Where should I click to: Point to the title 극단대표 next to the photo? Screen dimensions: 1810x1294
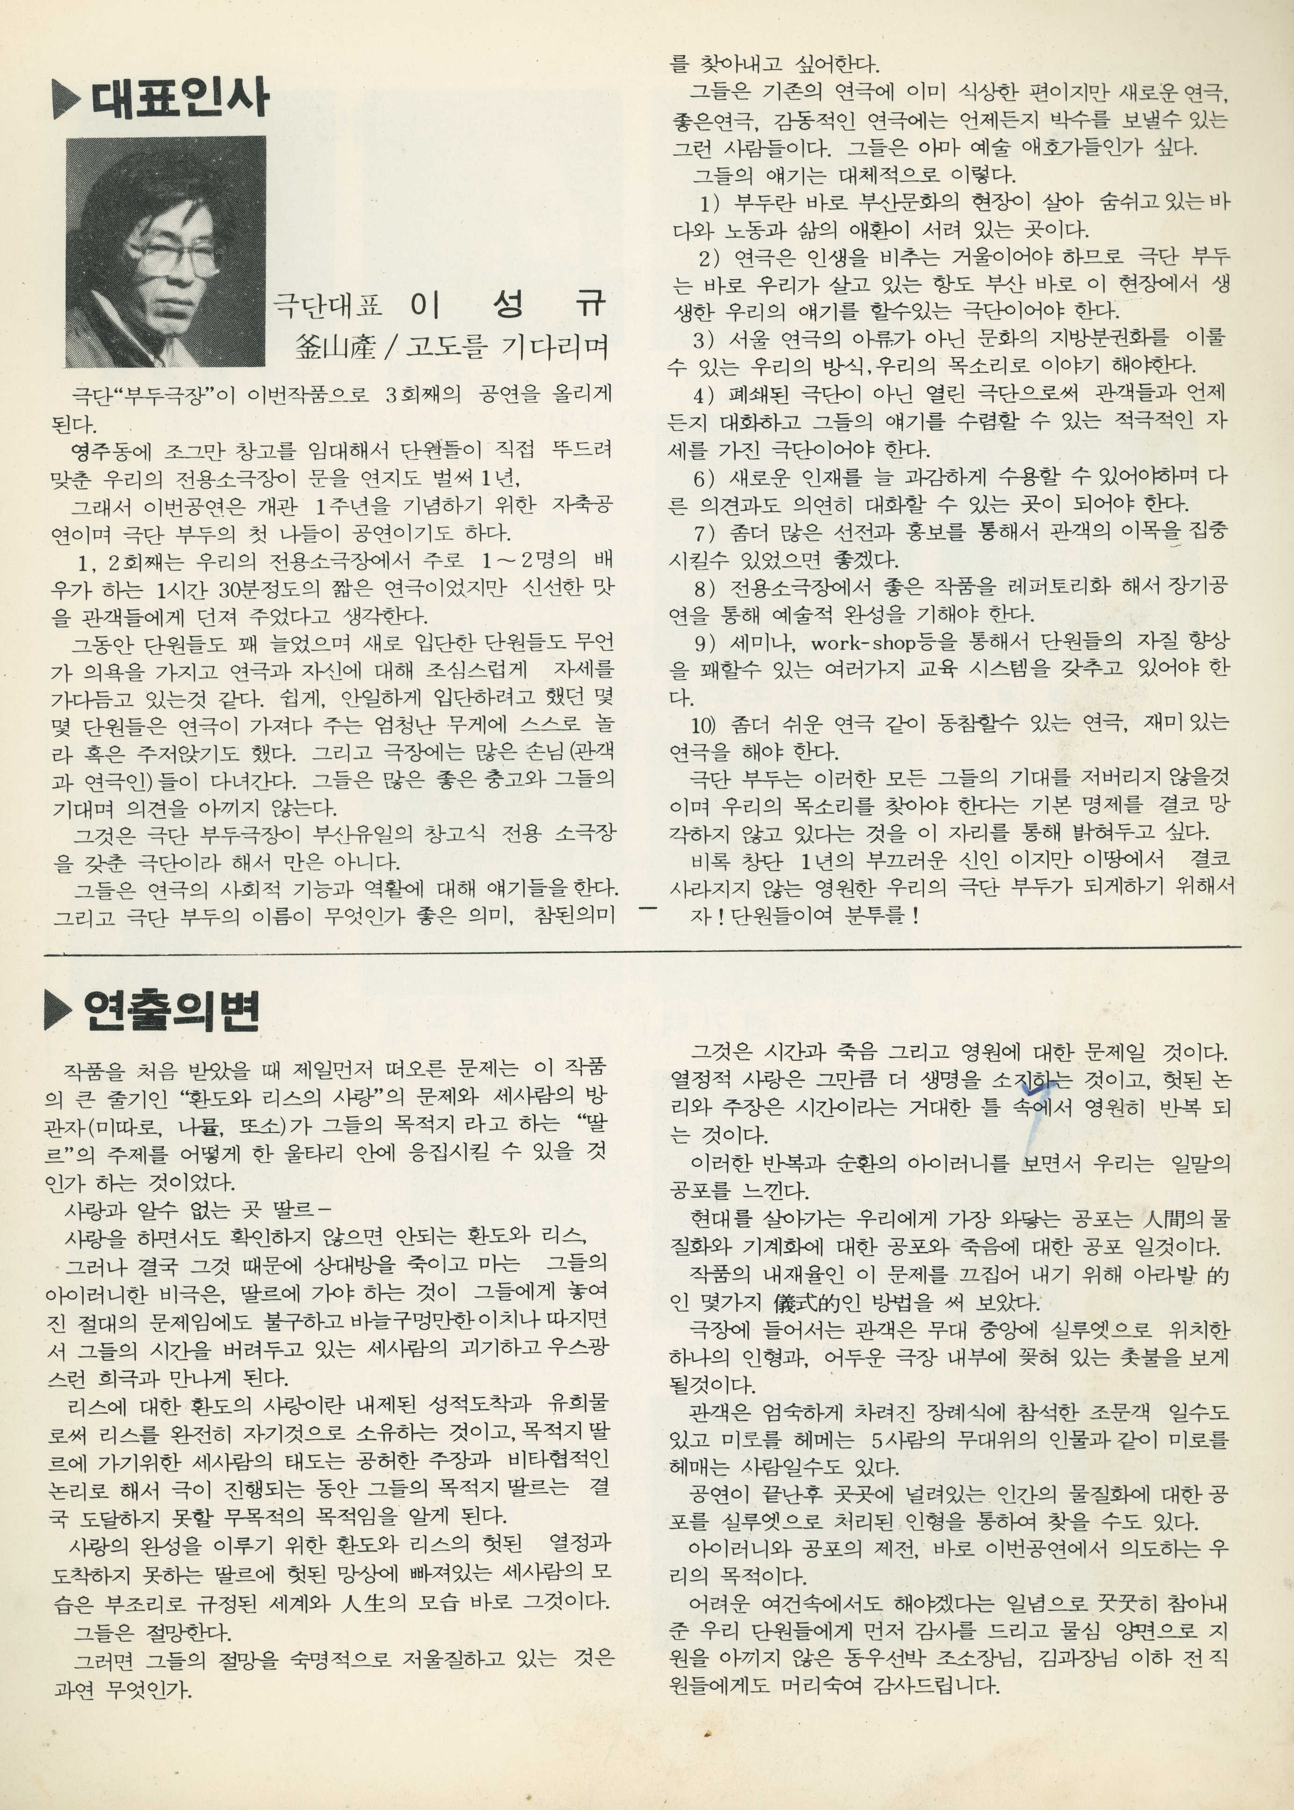click(x=328, y=305)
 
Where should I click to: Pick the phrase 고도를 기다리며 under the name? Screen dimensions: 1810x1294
click(x=508, y=346)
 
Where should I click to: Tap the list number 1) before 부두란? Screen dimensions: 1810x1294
click(x=710, y=203)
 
